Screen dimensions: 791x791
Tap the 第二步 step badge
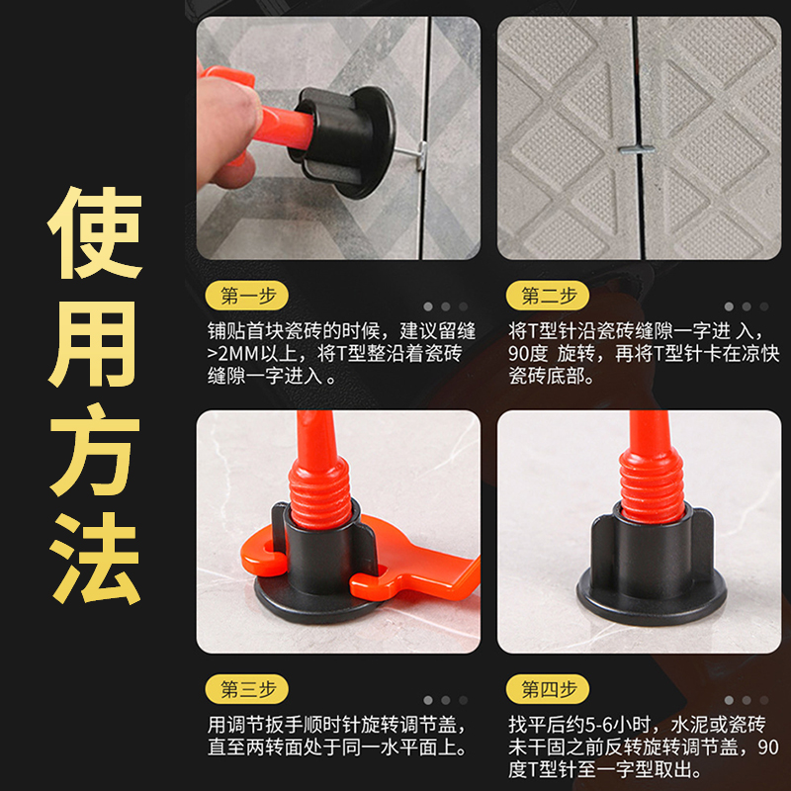548,295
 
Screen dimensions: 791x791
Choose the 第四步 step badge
548,688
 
